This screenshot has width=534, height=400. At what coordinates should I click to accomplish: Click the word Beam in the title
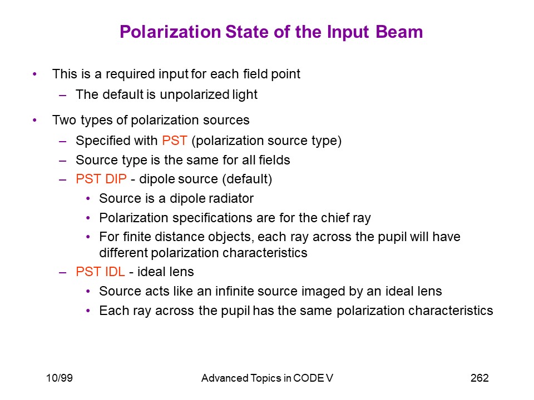399,32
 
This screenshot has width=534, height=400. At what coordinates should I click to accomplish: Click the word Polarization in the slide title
170,32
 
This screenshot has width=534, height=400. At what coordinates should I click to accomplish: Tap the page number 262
479,378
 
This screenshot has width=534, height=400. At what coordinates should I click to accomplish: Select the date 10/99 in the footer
60,378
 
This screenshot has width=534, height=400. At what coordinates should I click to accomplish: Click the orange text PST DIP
101,179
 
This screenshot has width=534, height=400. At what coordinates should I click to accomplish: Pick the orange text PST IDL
100,272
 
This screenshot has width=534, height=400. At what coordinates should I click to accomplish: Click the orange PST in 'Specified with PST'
175,141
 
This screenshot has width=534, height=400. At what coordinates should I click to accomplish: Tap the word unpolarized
194,95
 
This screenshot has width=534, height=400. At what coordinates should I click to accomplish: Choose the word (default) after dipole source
247,179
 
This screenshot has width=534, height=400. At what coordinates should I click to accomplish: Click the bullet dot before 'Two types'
34,120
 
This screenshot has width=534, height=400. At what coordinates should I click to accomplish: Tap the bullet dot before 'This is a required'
34,74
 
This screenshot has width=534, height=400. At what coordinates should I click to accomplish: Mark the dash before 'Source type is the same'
63,160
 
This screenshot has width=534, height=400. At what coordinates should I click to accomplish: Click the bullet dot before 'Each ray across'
88,311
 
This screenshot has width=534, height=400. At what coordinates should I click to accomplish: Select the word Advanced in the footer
225,378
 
